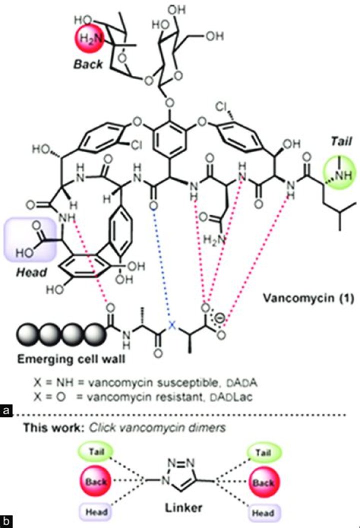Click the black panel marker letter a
[x=6, y=411]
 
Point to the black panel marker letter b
[x=6, y=522]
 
